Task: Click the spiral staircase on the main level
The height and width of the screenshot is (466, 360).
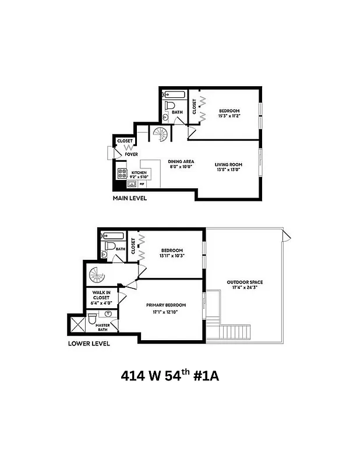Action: (160, 135)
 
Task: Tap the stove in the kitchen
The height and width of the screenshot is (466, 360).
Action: (123, 172)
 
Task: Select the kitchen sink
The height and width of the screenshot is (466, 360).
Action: (132, 184)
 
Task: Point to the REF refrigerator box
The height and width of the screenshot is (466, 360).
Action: (142, 183)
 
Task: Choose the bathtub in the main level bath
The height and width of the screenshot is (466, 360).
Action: (172, 94)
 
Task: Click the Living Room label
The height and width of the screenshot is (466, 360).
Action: (228, 165)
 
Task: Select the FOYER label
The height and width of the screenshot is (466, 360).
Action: (131, 154)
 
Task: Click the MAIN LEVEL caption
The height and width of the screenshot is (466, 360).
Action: (130, 199)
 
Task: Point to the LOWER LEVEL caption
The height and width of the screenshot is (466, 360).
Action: (89, 343)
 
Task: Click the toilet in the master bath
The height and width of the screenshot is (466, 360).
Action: (92, 319)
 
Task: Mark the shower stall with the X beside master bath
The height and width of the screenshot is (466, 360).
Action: (76, 323)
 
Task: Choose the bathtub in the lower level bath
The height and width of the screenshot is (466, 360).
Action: (112, 236)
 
